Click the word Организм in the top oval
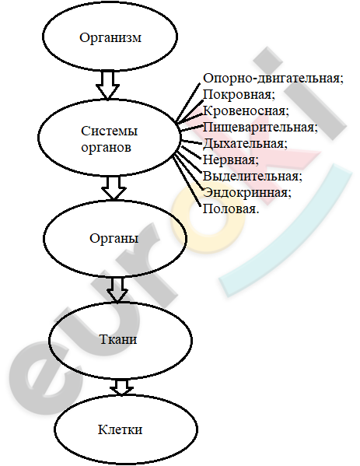pyautogui.click(x=110, y=38)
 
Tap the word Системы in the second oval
pyautogui.click(x=110, y=131)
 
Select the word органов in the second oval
pyautogui.click(x=106, y=148)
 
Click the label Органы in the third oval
pyautogui.click(x=114, y=238)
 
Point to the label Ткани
pyautogui.click(x=118, y=339)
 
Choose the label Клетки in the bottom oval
pyautogui.click(x=120, y=429)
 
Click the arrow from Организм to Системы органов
pyautogui.click(x=107, y=85)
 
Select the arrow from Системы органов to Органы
pyautogui.click(x=114, y=187)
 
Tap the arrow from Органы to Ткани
pyautogui.click(x=117, y=290)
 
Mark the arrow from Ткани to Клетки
pyautogui.click(x=121, y=387)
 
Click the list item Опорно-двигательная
pyautogui.click(x=273, y=79)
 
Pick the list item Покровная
pyautogui.click(x=239, y=95)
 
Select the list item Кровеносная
pyautogui.click(x=246, y=110)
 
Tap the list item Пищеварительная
pyautogui.click(x=260, y=128)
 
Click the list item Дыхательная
pyautogui.click(x=246, y=144)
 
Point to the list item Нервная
pyautogui.click(x=231, y=160)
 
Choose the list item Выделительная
pyautogui.click(x=253, y=177)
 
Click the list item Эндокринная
pyautogui.click(x=247, y=193)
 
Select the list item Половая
pyautogui.click(x=231, y=209)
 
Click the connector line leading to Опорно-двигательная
pyautogui.click(x=188, y=103)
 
